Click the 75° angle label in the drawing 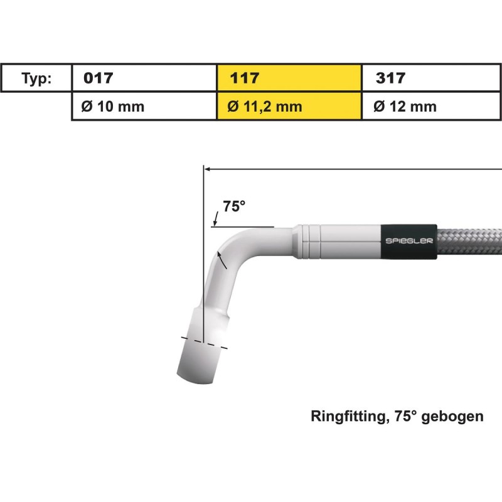click(x=233, y=206)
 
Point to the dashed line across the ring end click(x=205, y=341)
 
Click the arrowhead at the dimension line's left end click(x=208, y=168)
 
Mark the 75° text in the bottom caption click(x=399, y=416)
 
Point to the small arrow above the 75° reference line click(x=215, y=219)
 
